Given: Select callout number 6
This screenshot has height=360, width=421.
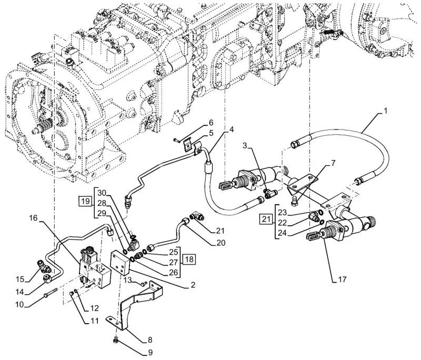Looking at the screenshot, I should (210, 122).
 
